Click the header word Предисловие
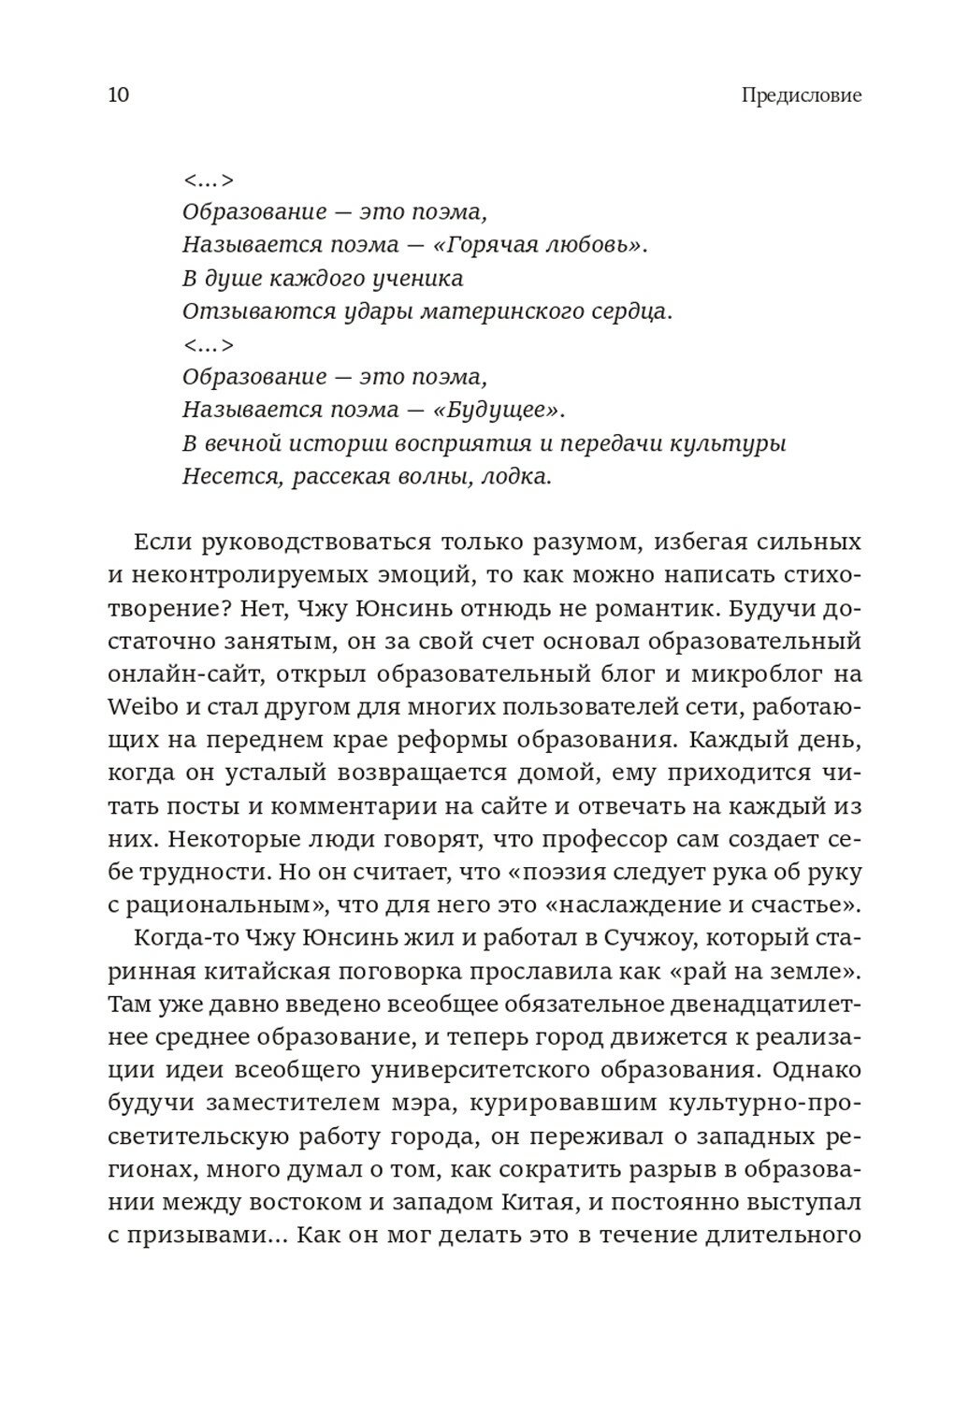pos(801,95)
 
